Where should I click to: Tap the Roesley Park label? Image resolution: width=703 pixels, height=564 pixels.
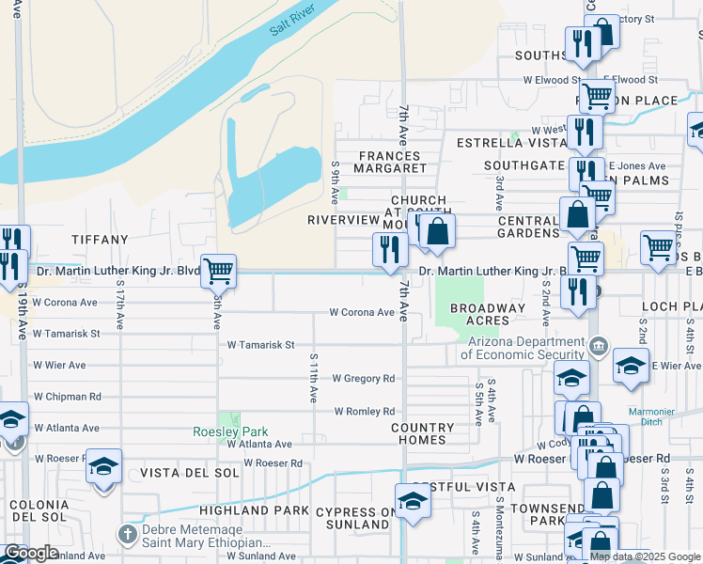[x=230, y=431]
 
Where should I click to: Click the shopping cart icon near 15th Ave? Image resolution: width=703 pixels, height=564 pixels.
[x=218, y=272]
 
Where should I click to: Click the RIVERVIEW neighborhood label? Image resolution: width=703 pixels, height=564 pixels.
[x=342, y=220]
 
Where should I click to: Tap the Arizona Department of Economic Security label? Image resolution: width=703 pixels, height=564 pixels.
[x=522, y=348]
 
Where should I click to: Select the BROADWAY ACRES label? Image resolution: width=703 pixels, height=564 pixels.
[x=488, y=314]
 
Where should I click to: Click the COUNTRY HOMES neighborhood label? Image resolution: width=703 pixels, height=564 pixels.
[x=423, y=433]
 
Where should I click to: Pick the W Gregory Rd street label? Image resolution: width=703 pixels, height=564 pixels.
[x=364, y=379]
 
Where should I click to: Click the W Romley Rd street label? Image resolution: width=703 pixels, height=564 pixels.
[x=364, y=412]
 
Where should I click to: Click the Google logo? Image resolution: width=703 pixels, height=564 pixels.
[x=31, y=553]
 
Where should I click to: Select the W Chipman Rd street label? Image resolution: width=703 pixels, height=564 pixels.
[x=68, y=397]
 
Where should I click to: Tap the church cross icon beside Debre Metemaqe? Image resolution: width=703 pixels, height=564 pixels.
[x=128, y=535]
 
